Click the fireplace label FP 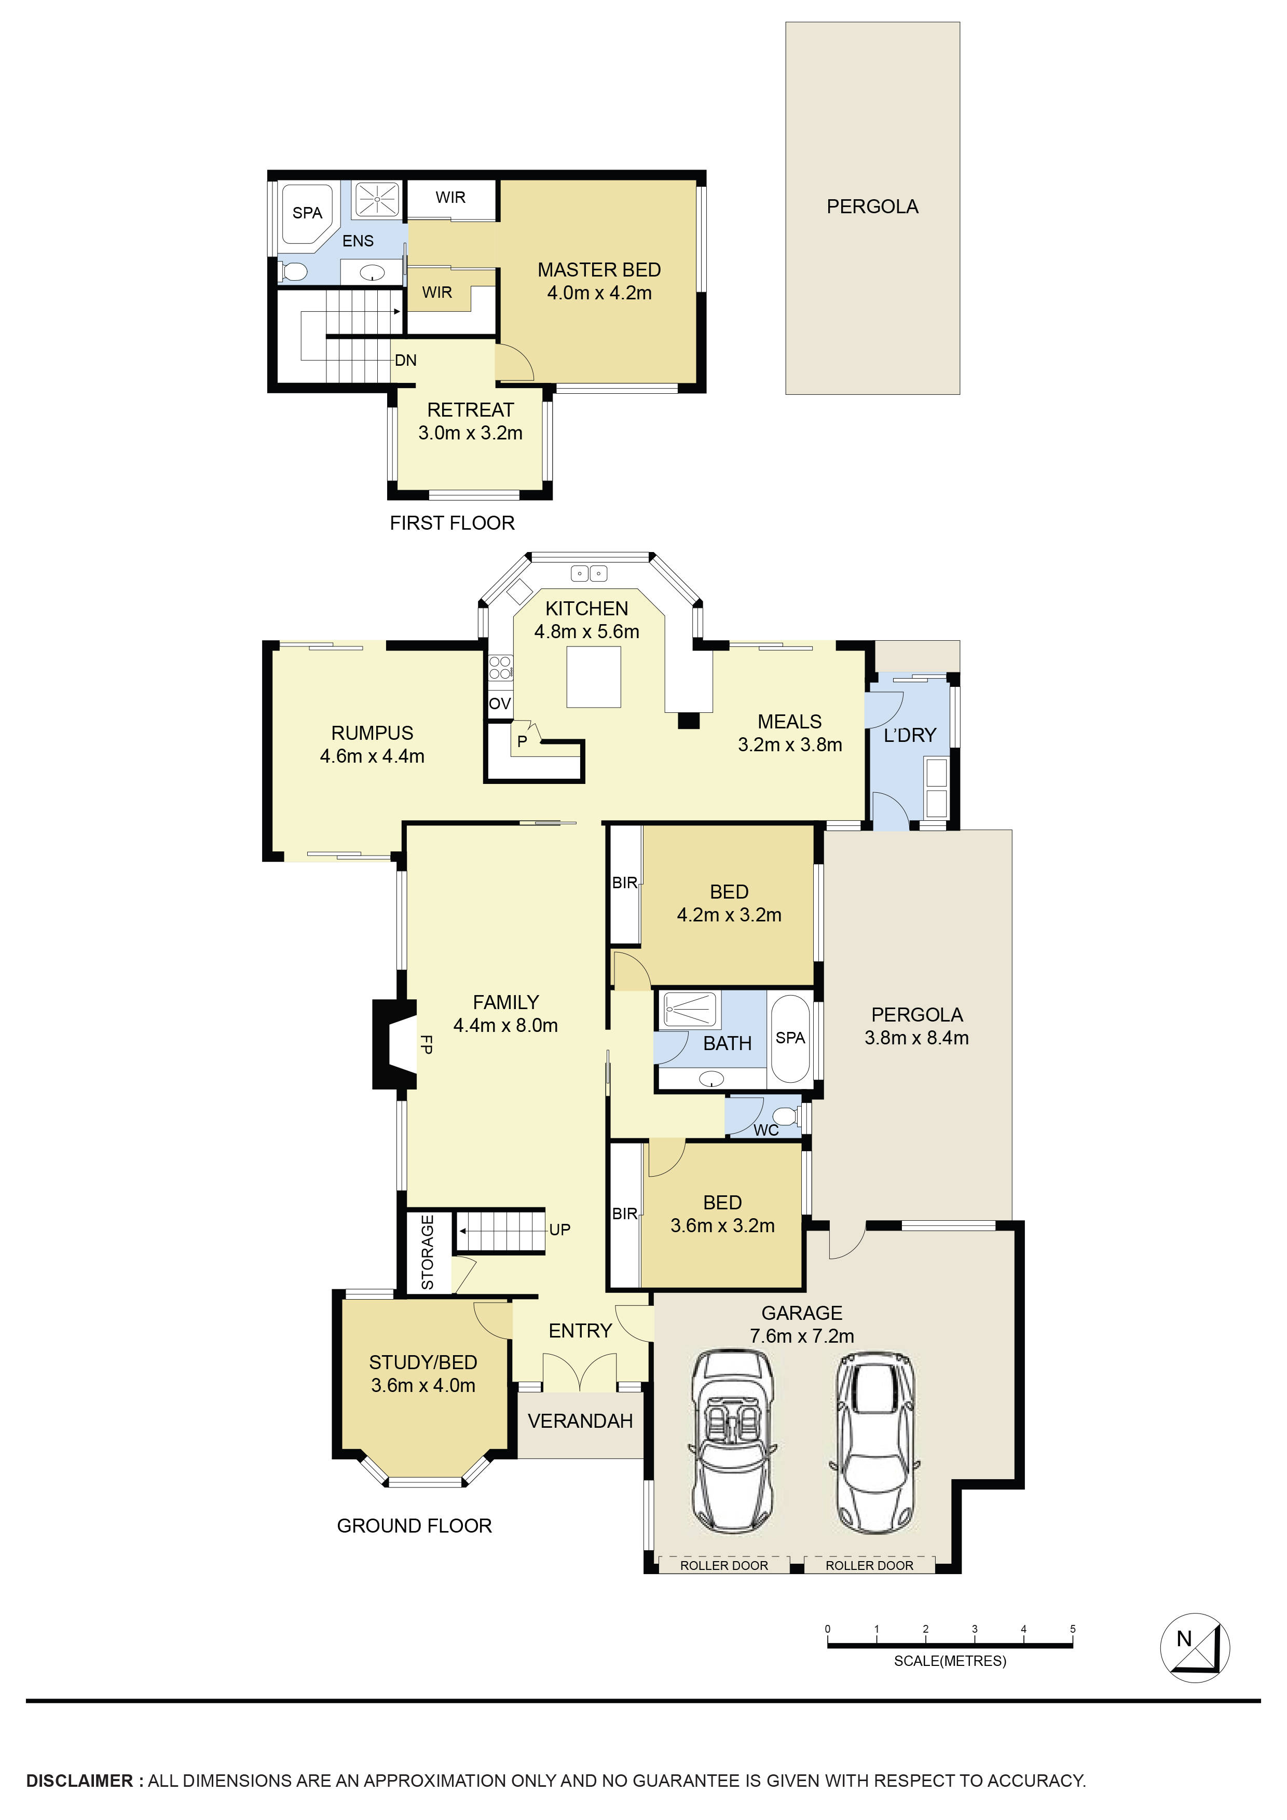pyautogui.click(x=426, y=1045)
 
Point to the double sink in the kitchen pyautogui.click(x=588, y=572)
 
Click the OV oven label pyautogui.click(x=500, y=704)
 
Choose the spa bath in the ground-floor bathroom pyautogui.click(x=790, y=1039)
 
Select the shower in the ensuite pyautogui.click(x=378, y=199)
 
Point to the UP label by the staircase pyautogui.click(x=560, y=1230)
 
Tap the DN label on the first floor pyautogui.click(x=405, y=361)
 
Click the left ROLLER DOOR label pyautogui.click(x=724, y=1566)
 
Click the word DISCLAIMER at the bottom pyautogui.click(x=80, y=1781)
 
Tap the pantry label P pyautogui.click(x=522, y=742)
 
